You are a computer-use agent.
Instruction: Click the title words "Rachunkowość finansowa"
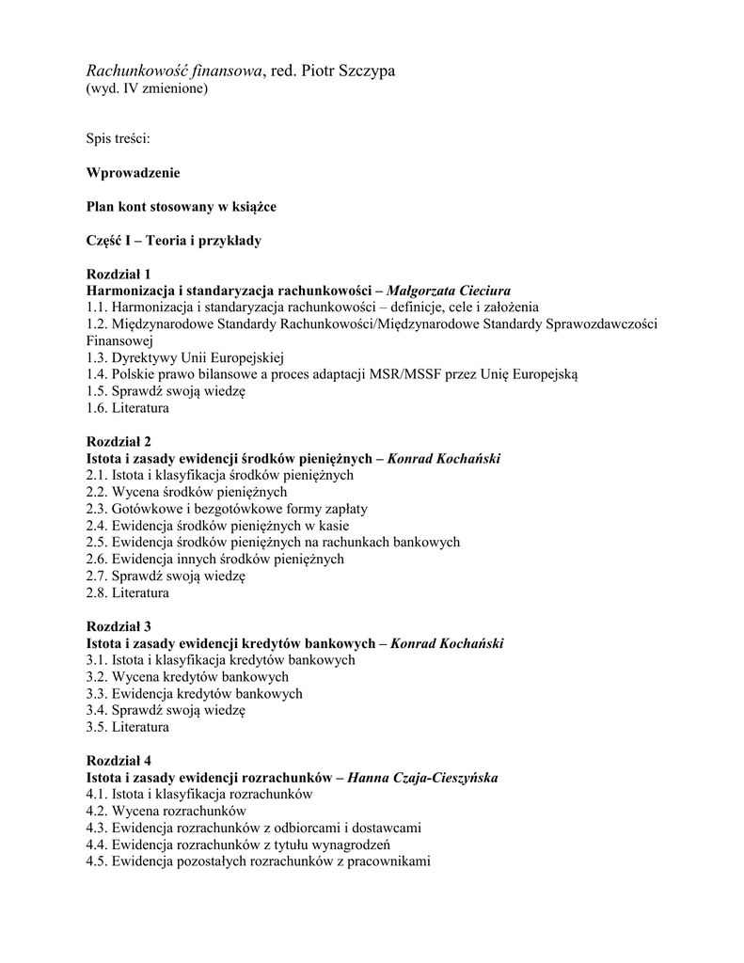point(174,71)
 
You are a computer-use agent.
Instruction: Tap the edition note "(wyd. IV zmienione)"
point(147,89)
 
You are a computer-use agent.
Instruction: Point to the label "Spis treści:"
point(119,139)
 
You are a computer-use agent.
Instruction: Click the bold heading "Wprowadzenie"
point(133,173)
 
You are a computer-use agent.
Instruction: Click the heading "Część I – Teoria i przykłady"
point(173,241)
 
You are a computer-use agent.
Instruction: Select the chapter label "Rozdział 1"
point(119,274)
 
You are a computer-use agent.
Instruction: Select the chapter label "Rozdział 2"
point(119,441)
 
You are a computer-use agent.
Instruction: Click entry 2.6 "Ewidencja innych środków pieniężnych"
point(214,559)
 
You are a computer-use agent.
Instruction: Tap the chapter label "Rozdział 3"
point(119,625)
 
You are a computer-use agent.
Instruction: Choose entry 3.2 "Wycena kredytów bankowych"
point(187,676)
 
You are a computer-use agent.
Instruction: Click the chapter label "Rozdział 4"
point(119,760)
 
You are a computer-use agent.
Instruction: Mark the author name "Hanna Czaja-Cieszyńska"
point(422,778)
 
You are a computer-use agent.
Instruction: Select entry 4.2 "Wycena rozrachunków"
point(166,811)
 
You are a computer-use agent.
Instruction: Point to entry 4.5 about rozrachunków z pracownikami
point(258,861)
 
